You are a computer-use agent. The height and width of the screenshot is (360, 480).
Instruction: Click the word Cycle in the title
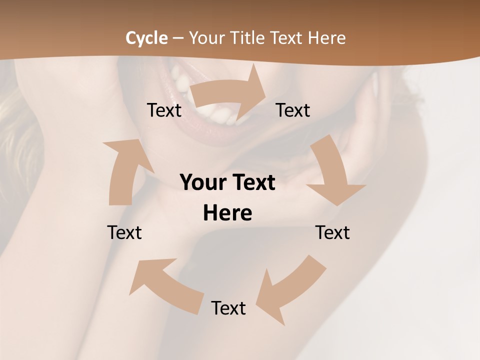coord(146,38)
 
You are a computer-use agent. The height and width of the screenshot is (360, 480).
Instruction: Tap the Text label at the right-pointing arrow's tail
coord(164,110)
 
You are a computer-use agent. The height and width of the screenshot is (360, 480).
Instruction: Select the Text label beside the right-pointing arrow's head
coord(293,110)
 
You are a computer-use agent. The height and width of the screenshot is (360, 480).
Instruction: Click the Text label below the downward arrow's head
coord(332,233)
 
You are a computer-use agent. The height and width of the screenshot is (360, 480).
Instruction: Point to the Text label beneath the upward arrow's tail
coord(124,233)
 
